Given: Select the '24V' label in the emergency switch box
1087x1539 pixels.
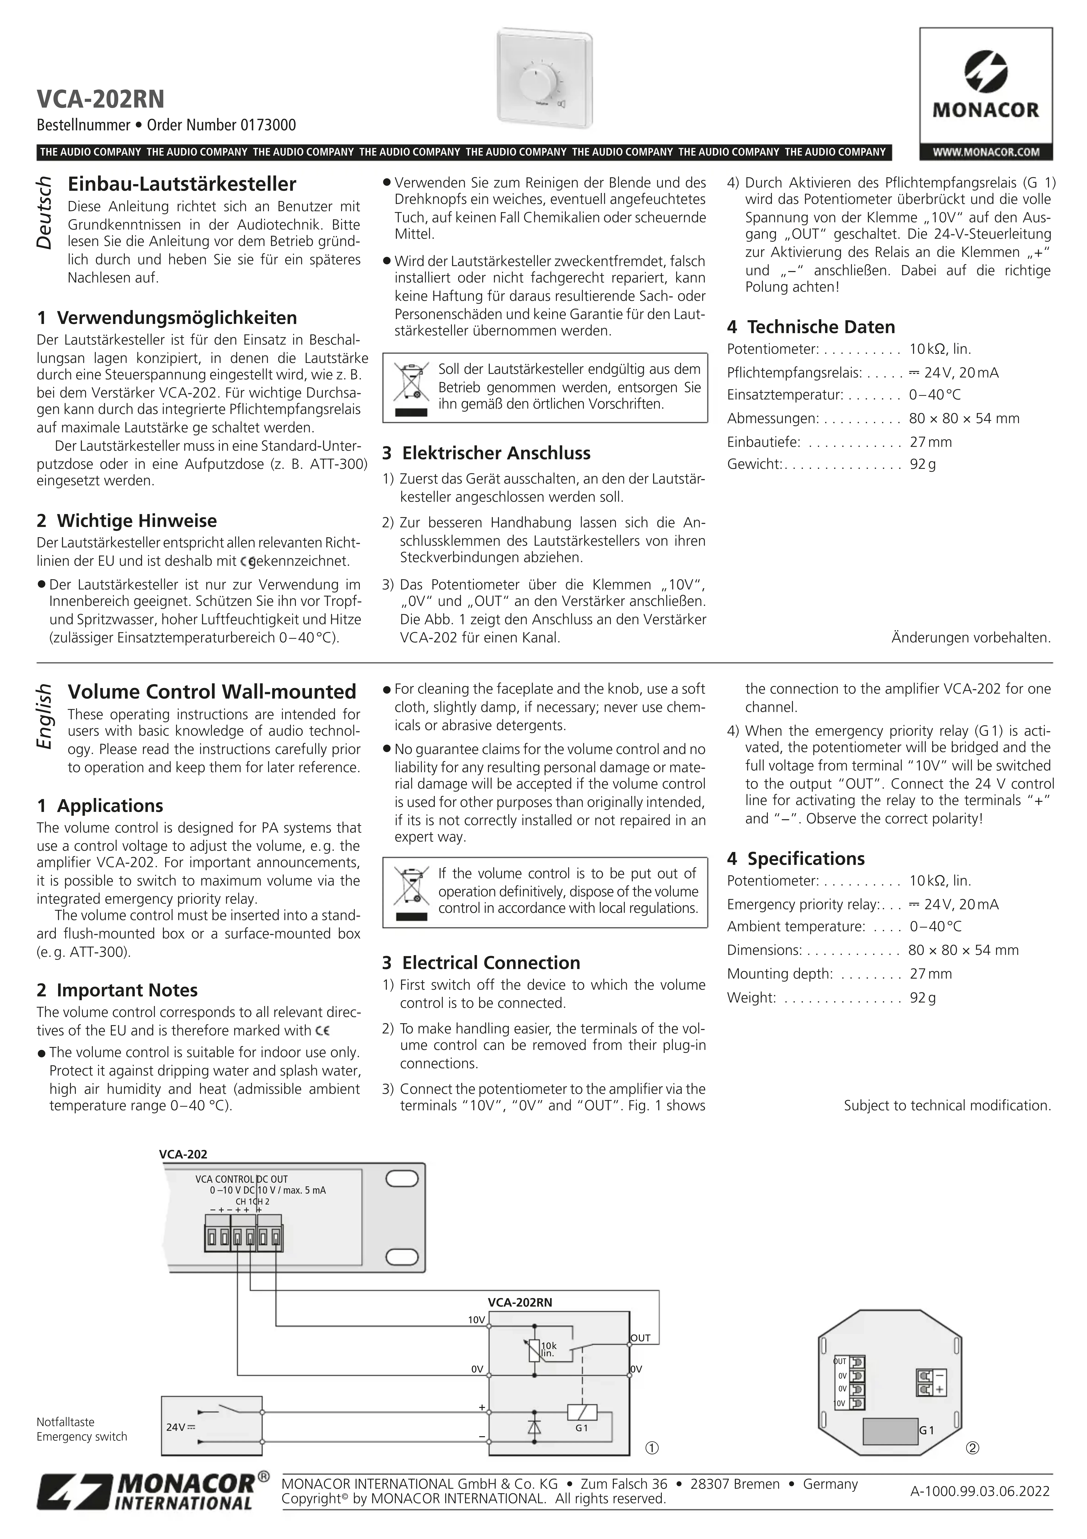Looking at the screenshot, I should coord(176,1427).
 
